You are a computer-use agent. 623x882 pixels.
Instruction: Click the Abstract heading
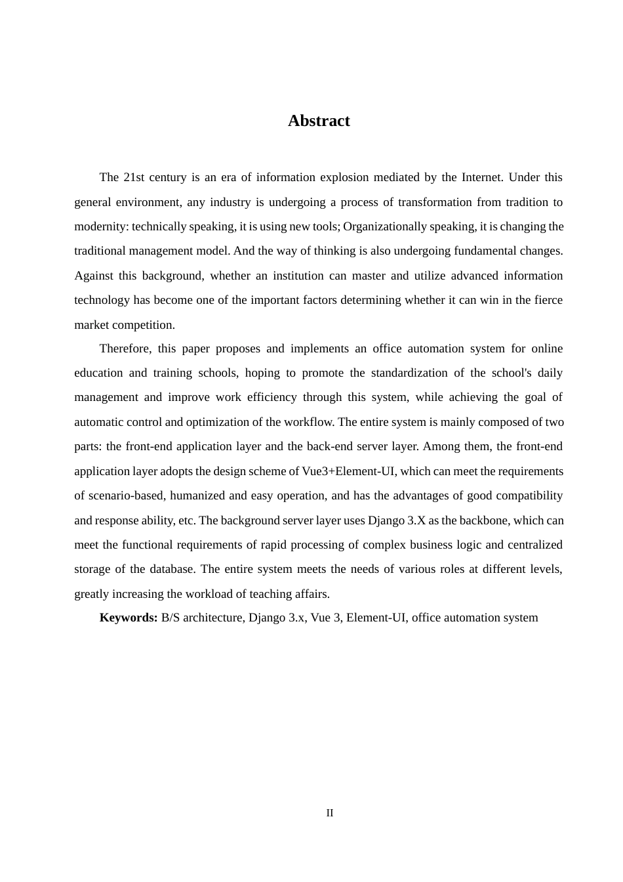pos(319,121)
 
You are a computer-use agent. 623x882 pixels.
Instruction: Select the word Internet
pos(482,177)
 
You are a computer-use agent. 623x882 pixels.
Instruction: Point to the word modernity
pos(101,226)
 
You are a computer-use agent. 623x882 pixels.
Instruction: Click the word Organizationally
pos(385,226)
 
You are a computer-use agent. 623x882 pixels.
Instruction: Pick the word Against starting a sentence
pos(94,276)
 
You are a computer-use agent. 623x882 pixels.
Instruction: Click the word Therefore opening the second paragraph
pos(125,348)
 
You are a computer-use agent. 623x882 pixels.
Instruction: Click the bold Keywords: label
pos(129,618)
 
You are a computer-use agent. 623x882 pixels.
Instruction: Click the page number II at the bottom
pos(330,813)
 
